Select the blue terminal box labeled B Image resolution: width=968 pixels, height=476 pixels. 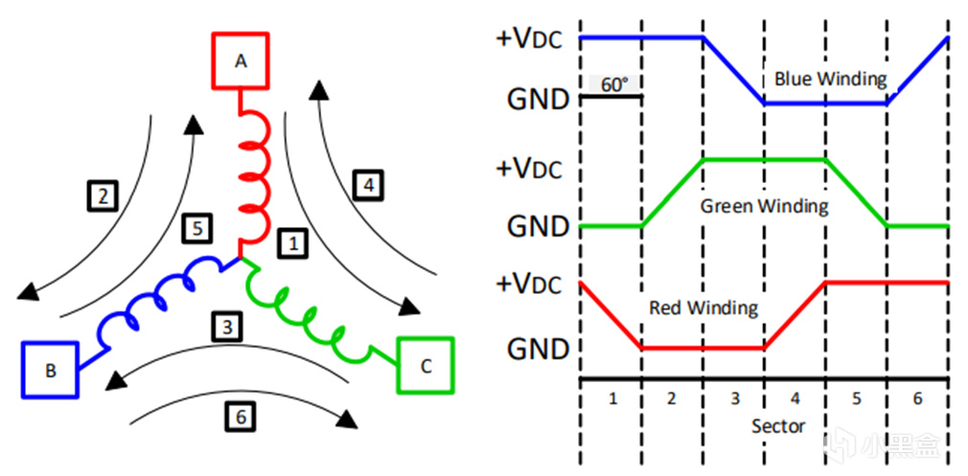[50, 369]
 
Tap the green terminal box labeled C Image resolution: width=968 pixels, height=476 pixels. [426, 364]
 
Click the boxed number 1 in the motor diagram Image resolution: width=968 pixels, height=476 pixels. [294, 244]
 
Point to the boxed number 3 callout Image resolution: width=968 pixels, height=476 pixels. [226, 327]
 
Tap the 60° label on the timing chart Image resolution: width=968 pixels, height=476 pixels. [613, 84]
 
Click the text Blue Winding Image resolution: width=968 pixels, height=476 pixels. [830, 79]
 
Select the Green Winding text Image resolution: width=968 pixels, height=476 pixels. [764, 205]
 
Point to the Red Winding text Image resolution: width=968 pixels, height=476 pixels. [703, 307]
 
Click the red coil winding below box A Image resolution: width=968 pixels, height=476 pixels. [254, 177]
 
